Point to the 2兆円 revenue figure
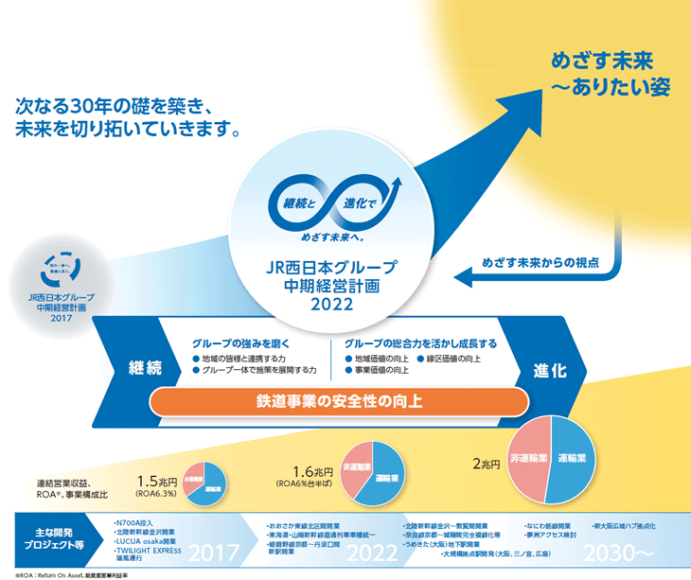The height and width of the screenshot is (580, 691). pyautogui.click(x=485, y=465)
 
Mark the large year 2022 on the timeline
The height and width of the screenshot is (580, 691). pyautogui.click(x=370, y=553)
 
